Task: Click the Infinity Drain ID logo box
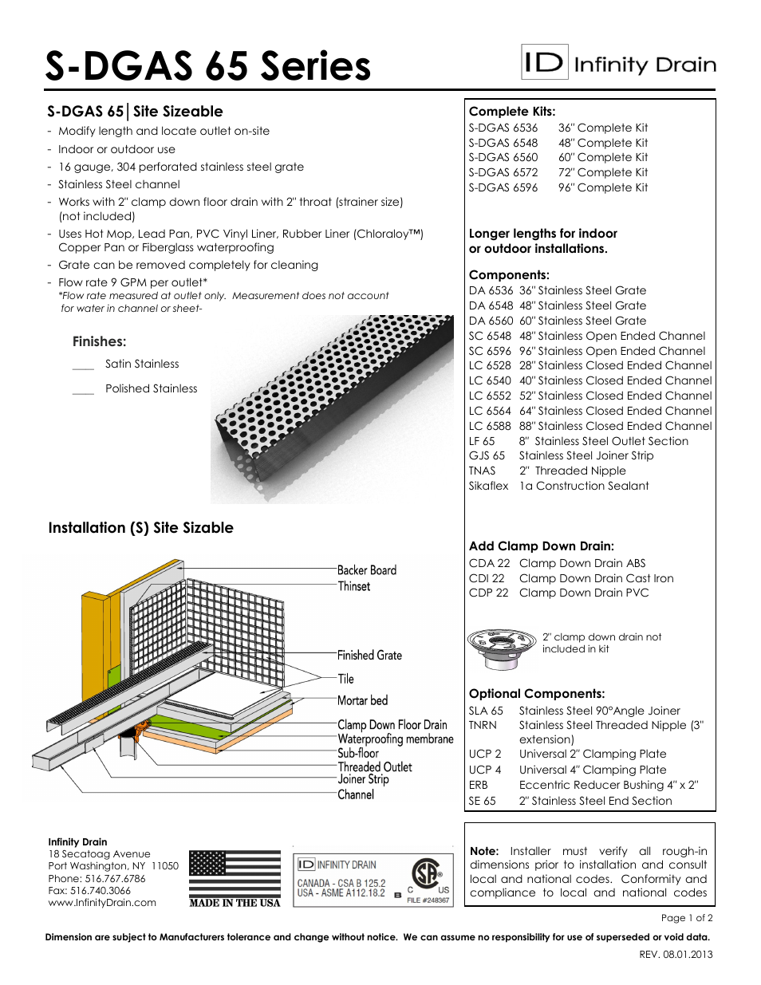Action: click(545, 62)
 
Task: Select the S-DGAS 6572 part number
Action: click(503, 172)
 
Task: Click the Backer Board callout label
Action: click(366, 570)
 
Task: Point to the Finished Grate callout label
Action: click(369, 655)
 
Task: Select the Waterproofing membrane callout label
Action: click(395, 739)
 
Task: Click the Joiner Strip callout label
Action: click(363, 779)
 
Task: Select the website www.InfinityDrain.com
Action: click(102, 903)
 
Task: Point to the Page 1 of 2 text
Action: click(687, 918)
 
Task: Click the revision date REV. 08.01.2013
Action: click(676, 955)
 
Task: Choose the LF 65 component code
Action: click(482, 441)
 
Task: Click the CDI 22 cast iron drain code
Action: click(487, 578)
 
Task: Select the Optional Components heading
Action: click(537, 694)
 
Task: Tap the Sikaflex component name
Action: click(488, 486)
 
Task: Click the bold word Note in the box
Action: click(484, 851)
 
